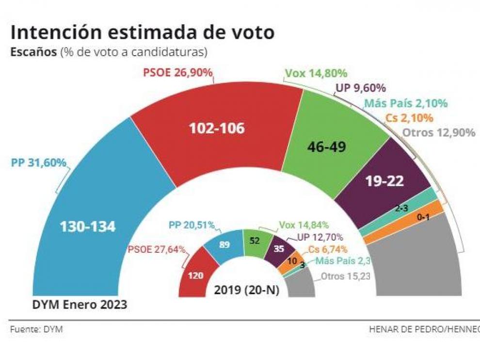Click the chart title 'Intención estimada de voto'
(x=143, y=33)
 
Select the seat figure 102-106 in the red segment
(x=217, y=129)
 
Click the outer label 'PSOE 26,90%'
(x=178, y=73)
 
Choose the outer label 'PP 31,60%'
(x=38, y=163)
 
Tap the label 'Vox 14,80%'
(x=316, y=74)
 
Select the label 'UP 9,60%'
(x=360, y=88)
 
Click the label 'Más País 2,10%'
(x=406, y=103)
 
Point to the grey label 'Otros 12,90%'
(x=439, y=133)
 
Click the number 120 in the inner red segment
(x=196, y=276)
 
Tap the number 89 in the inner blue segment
(x=224, y=245)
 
